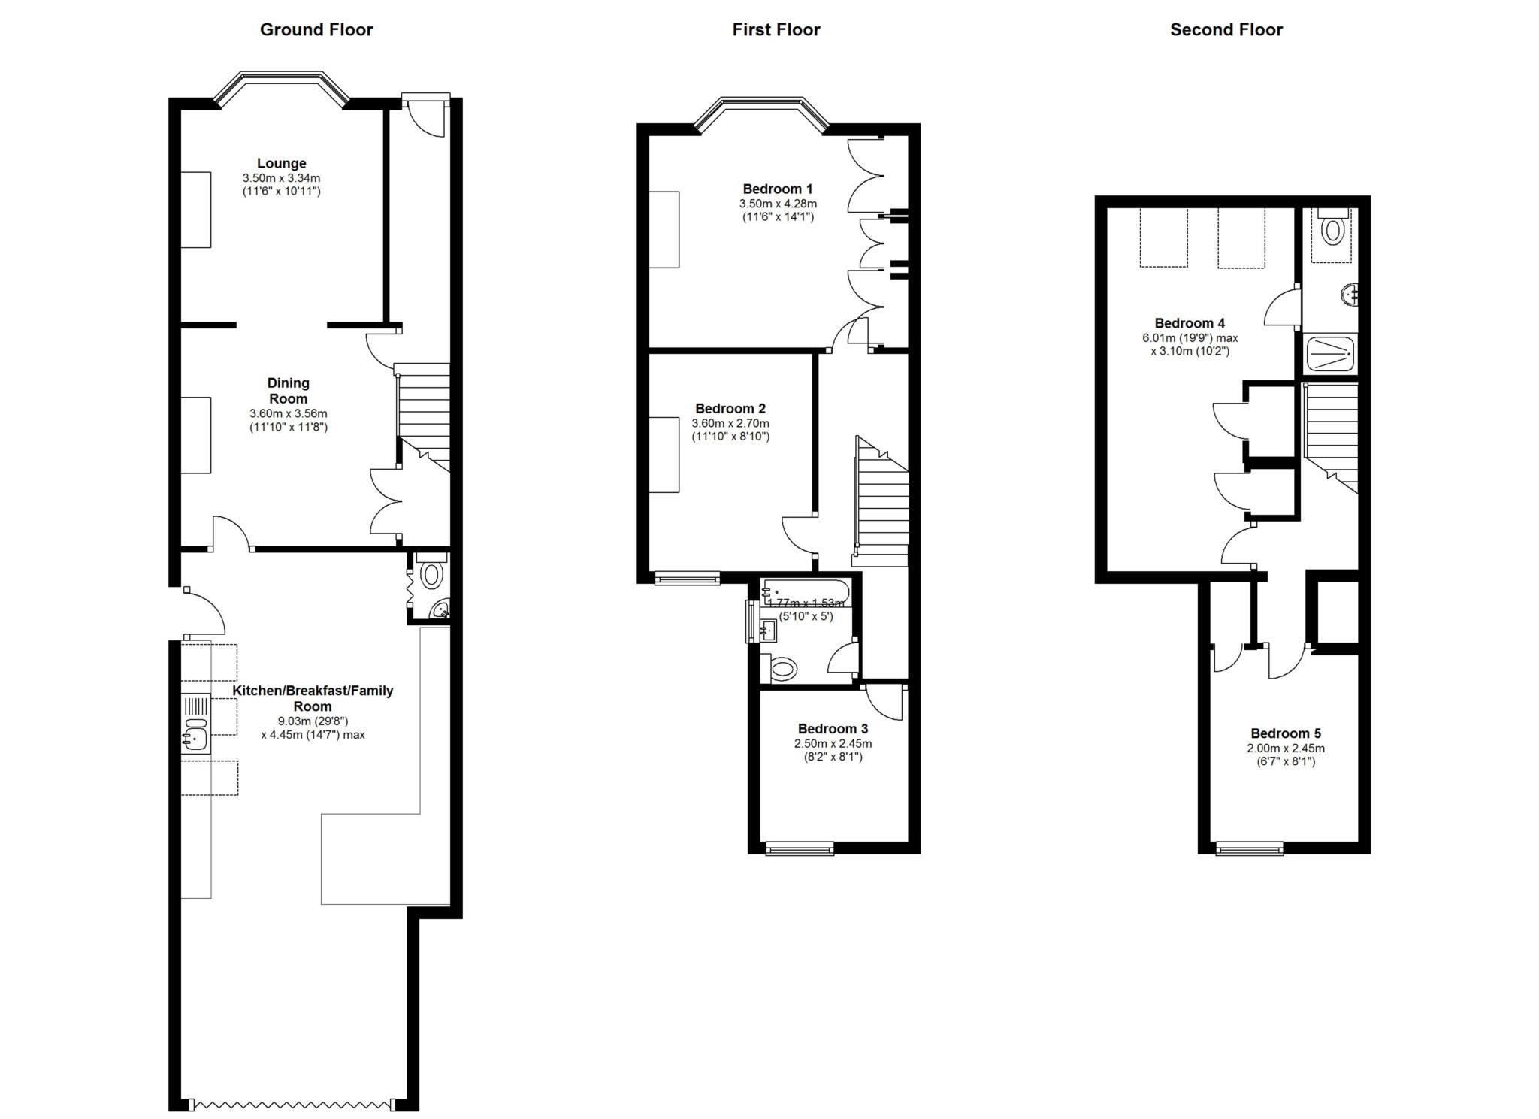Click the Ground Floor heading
coord(316,29)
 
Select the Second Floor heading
coord(1226,29)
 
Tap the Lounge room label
coord(282,163)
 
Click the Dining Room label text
coord(289,391)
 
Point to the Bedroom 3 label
coord(833,729)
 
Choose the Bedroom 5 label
coord(1286,733)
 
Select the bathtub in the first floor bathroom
coord(804,593)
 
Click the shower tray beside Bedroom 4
coord(1330,354)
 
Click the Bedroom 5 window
coord(1250,848)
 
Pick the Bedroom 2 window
coord(687,578)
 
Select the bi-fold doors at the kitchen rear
coord(292,1105)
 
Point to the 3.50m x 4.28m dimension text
coord(778,204)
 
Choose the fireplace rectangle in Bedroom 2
coord(664,455)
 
